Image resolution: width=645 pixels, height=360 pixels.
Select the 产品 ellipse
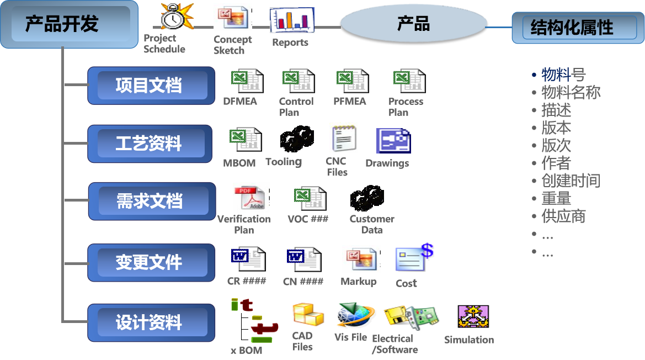click(x=414, y=24)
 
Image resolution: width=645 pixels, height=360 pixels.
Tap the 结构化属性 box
click(x=574, y=28)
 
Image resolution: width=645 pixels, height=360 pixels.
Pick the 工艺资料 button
click(x=150, y=144)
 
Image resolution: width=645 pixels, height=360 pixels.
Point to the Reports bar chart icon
click(x=291, y=20)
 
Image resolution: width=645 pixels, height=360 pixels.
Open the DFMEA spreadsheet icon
click(x=247, y=81)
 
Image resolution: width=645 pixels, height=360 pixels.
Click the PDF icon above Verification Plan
click(x=251, y=197)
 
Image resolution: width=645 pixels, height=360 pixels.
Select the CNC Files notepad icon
click(x=343, y=137)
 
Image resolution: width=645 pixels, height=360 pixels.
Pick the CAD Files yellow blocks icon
click(x=308, y=316)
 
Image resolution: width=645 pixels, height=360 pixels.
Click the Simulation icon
click(x=473, y=317)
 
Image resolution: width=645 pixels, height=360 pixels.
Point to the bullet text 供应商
click(x=563, y=216)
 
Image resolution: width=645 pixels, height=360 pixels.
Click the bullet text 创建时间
click(x=570, y=181)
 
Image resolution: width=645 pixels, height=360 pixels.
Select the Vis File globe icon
click(x=354, y=316)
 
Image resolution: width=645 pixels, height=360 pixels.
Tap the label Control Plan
click(x=296, y=107)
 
